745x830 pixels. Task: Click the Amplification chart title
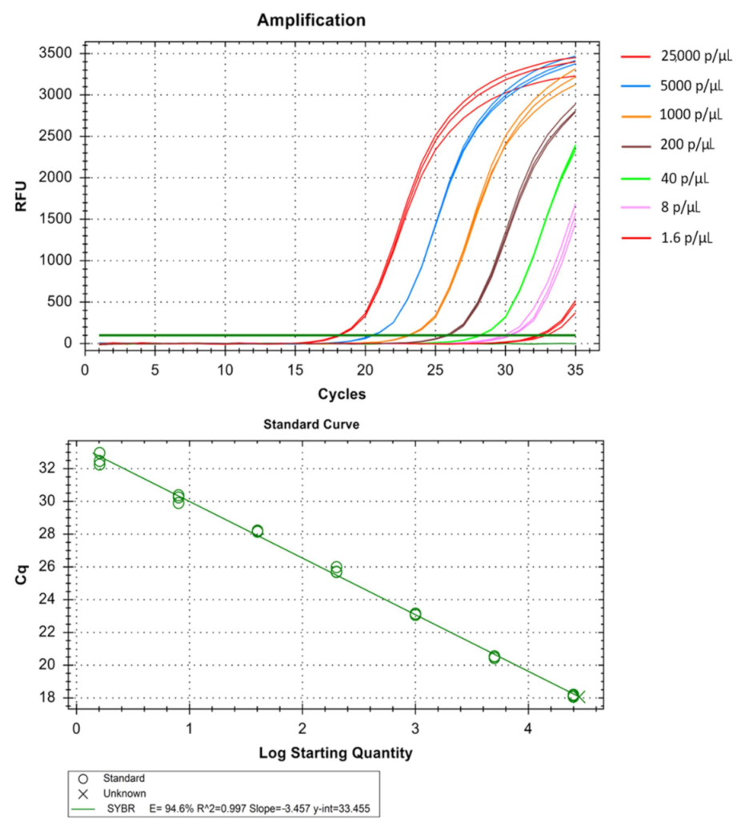311,21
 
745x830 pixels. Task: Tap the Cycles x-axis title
342,393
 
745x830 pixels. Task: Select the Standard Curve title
311,425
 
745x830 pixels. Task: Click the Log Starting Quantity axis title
335,752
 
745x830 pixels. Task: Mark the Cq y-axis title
23,575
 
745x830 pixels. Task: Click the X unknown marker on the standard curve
580,697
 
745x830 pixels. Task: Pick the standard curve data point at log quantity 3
415,614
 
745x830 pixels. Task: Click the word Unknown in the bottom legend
125,793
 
